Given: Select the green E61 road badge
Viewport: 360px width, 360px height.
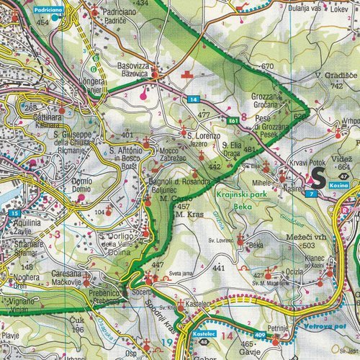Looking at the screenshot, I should [x=233, y=121].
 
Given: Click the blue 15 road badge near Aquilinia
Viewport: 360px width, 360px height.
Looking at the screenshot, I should [x=14, y=214].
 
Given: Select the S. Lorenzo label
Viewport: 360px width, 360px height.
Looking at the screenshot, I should [x=202, y=135].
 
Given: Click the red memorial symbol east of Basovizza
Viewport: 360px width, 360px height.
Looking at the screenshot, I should [x=189, y=74].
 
